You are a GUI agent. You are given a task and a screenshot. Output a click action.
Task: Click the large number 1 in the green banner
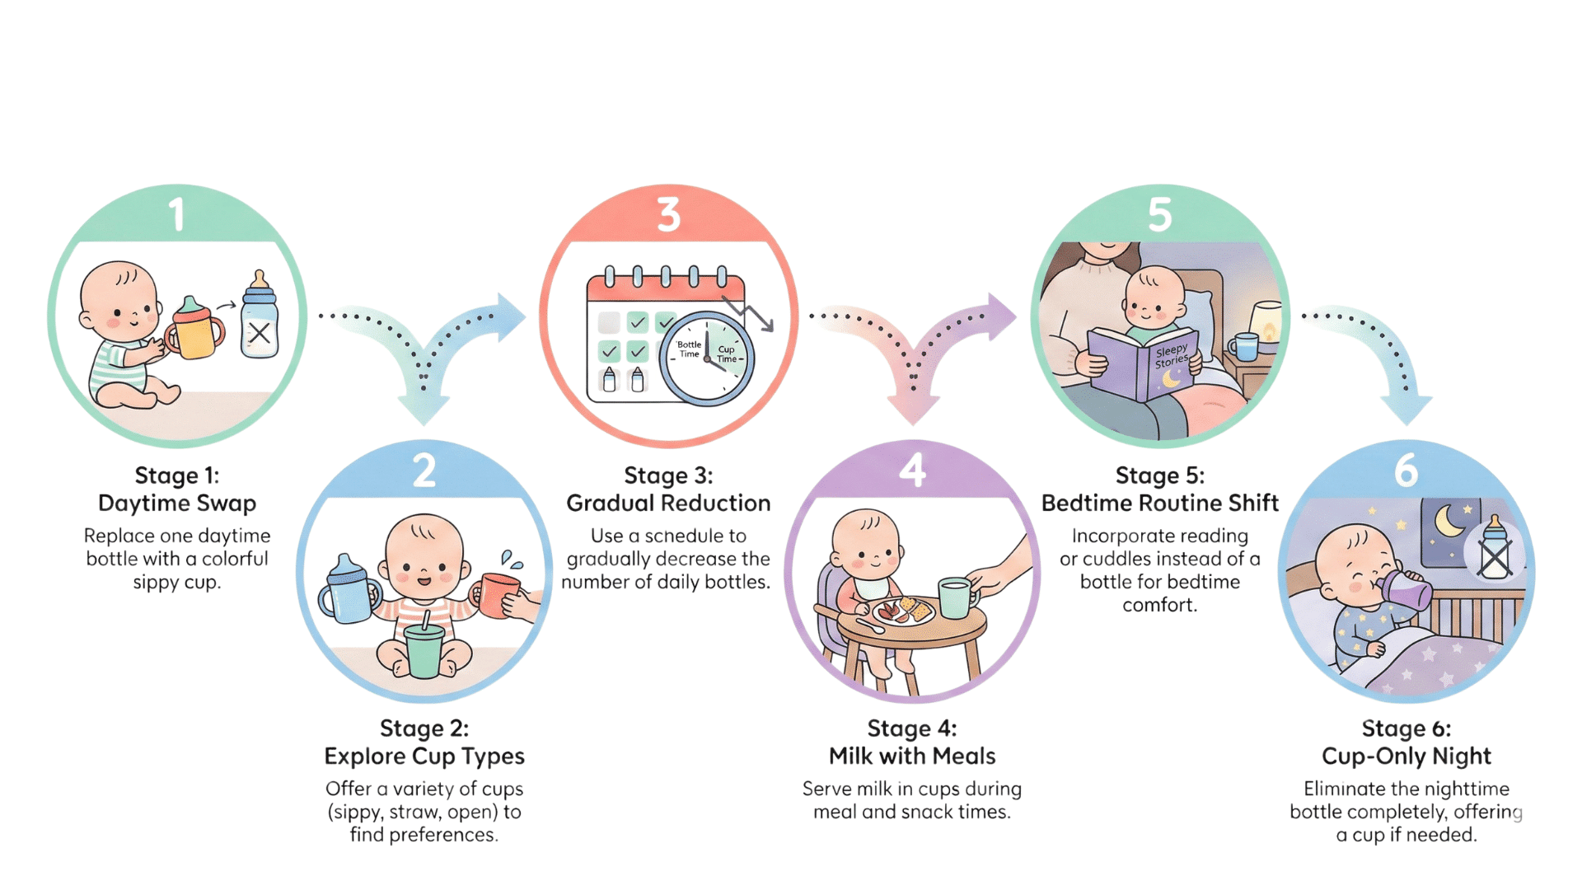[x=176, y=214]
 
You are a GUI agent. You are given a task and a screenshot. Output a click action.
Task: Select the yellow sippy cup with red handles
[x=195, y=330]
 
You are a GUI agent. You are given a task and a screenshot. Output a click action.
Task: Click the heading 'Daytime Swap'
[x=177, y=503]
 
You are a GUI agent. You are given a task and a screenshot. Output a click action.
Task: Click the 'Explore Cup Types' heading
[x=424, y=756]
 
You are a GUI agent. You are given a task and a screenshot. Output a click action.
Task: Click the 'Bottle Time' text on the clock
[x=689, y=349]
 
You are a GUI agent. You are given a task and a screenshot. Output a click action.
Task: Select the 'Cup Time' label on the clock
[x=727, y=354]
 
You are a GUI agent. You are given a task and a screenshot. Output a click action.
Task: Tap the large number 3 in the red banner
[x=668, y=214]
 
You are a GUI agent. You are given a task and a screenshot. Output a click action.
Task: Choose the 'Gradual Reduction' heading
[x=668, y=503]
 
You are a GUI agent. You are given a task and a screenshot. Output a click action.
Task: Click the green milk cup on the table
[x=955, y=597]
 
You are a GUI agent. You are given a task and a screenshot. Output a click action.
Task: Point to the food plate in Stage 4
[x=903, y=611]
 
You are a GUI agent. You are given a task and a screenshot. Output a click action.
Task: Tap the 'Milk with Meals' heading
[x=912, y=756]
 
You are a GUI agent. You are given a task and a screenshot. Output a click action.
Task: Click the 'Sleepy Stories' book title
[x=1171, y=357]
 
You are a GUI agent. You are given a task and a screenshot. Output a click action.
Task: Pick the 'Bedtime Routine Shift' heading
[x=1160, y=503]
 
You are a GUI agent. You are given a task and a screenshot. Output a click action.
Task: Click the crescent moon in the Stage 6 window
[x=1450, y=522]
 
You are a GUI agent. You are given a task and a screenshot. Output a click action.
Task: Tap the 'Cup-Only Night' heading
[x=1406, y=756]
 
